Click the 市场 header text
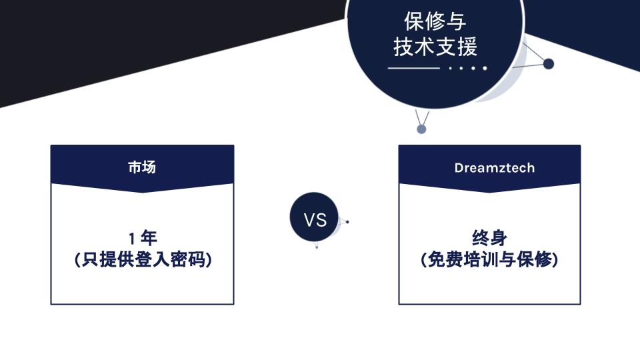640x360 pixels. (x=142, y=167)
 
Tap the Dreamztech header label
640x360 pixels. (x=494, y=168)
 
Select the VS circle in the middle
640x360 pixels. (x=314, y=217)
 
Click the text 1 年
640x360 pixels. (x=143, y=238)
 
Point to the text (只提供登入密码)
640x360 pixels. (x=143, y=259)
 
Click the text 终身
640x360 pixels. (x=489, y=238)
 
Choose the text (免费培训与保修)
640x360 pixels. (x=489, y=259)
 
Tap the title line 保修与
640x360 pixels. (x=435, y=21)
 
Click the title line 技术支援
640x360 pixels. (x=435, y=46)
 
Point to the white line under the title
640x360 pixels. (x=413, y=68)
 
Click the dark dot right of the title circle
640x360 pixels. (x=549, y=64)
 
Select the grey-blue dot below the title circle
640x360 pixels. (x=421, y=129)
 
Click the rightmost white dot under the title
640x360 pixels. (x=485, y=68)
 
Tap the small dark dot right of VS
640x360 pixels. (x=347, y=222)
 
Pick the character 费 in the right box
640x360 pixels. (x=454, y=259)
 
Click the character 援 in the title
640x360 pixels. (x=467, y=46)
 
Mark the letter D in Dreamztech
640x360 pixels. (x=459, y=168)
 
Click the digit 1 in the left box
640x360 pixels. (x=132, y=239)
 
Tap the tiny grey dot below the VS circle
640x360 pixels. (x=317, y=247)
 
